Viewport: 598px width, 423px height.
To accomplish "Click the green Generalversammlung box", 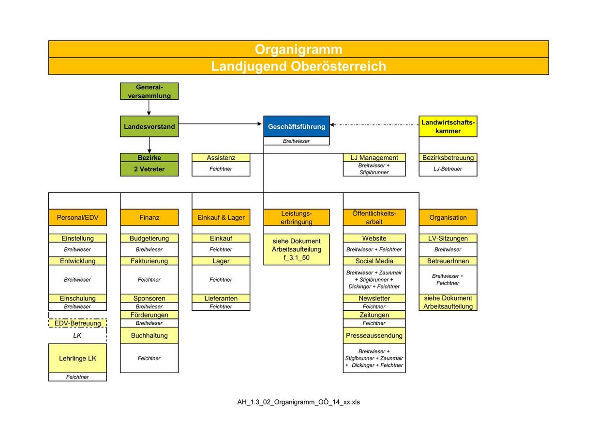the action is coord(149,91).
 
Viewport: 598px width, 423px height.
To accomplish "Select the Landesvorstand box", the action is coord(149,126).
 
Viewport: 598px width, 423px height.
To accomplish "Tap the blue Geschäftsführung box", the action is coord(297,126).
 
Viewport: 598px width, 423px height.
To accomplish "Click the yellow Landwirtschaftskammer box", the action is coord(448,126).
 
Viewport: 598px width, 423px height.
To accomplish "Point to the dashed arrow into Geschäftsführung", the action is coord(374,125).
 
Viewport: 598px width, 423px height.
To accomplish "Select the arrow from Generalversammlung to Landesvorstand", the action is coord(149,107).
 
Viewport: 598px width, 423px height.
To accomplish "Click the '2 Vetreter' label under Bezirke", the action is coord(149,169).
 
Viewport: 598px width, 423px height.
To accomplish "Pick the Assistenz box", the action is coord(221,158).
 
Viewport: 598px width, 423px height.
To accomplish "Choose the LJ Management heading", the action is coord(374,158).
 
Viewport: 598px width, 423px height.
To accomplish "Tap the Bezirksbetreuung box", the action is coord(448,158).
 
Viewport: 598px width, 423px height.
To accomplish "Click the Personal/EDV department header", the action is coord(78,217).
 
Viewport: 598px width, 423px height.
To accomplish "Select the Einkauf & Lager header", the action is coord(221,217).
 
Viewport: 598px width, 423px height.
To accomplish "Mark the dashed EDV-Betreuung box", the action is coord(78,323).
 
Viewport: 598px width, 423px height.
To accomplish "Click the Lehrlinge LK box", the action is coord(78,358).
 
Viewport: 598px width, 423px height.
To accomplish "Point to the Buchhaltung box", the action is coord(149,335).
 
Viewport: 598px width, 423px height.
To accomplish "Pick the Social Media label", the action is coord(374,261).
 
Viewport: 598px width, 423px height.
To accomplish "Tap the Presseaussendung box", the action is coord(374,335).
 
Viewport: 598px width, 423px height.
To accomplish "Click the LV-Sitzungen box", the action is coord(448,238).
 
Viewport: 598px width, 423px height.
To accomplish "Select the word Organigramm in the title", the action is coord(299,49).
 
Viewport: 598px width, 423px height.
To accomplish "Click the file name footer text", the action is coord(299,402).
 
